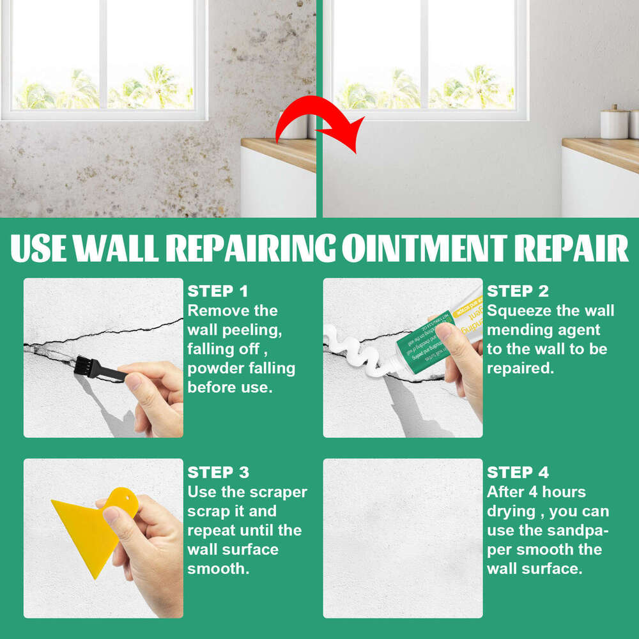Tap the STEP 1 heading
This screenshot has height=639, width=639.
coord(218,291)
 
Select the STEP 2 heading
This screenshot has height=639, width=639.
coord(518,291)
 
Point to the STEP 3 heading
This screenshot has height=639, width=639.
coord(218,473)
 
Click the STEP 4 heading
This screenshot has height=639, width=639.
coord(518,473)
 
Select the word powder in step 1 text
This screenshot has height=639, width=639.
coord(214,369)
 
